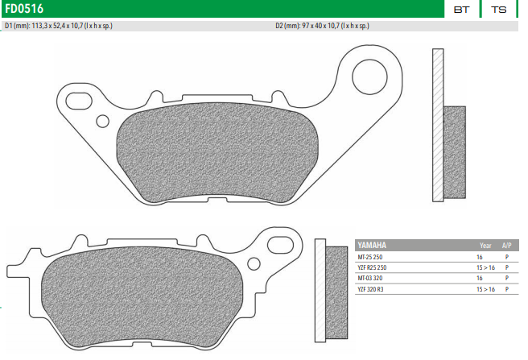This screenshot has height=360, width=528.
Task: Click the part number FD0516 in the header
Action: [x=24, y=9]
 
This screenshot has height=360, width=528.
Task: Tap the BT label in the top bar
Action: [x=461, y=10]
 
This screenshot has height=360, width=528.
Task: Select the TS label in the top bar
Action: [x=498, y=10]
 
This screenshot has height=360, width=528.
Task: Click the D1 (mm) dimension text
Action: [x=59, y=26]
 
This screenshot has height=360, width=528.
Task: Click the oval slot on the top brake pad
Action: [x=80, y=101]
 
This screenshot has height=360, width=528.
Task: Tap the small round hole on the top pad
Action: [x=102, y=122]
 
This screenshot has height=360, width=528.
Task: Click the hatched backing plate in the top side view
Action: [x=437, y=125]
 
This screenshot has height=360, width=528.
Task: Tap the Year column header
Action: [x=485, y=244]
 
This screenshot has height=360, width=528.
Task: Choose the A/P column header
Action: [x=506, y=244]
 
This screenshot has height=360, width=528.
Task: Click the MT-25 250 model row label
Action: [x=372, y=256]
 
